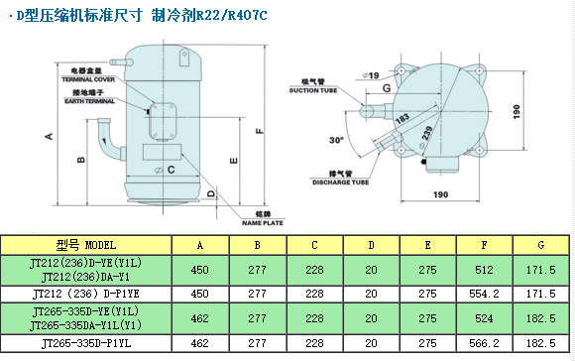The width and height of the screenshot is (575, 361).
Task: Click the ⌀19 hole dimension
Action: (x=372, y=75)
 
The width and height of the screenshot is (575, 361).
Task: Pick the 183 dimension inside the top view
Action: (x=402, y=119)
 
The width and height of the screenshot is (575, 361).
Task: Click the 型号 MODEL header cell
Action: (x=87, y=244)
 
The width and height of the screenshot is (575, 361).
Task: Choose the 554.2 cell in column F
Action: (x=484, y=294)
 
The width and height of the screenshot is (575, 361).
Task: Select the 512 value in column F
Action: (x=484, y=269)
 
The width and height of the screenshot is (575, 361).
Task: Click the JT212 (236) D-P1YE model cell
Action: (x=87, y=294)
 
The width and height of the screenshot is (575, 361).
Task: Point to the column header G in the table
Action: (x=541, y=244)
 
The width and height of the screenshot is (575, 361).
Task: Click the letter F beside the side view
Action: (x=259, y=130)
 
